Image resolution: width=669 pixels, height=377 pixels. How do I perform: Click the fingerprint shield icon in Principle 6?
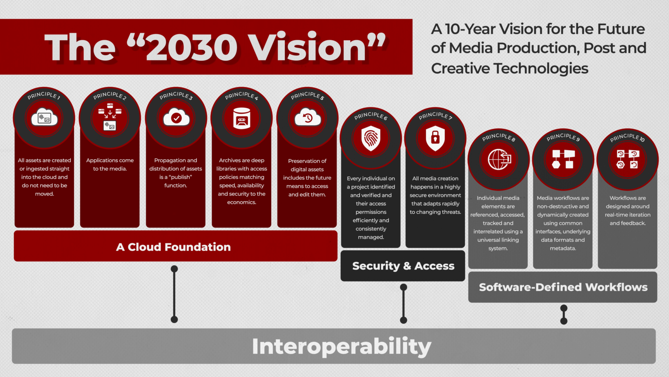tap(371, 138)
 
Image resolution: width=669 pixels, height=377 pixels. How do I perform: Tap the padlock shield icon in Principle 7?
tap(435, 138)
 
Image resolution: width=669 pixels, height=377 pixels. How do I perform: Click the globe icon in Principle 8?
tap(498, 159)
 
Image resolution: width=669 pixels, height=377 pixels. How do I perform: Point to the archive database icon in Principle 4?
tap(242, 118)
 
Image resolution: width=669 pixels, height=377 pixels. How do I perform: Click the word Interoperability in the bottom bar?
tap(341, 346)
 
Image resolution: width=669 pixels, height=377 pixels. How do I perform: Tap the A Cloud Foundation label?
tap(173, 247)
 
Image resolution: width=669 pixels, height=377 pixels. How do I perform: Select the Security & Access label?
tap(403, 266)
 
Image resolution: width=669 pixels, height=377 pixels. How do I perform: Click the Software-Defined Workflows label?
tap(563, 287)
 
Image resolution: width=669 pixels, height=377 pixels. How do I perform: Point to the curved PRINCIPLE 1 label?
tap(44, 95)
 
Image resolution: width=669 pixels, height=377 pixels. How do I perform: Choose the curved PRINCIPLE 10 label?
tap(627, 137)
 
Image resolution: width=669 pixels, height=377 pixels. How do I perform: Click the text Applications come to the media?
tap(110, 165)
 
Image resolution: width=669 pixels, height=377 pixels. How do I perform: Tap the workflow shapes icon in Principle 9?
tap(563, 159)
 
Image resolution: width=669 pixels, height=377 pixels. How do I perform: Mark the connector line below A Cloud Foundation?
tap(174, 294)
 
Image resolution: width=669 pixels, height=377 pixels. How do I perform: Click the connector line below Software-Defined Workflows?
tap(564, 315)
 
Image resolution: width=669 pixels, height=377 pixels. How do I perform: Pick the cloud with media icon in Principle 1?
tap(44, 118)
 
